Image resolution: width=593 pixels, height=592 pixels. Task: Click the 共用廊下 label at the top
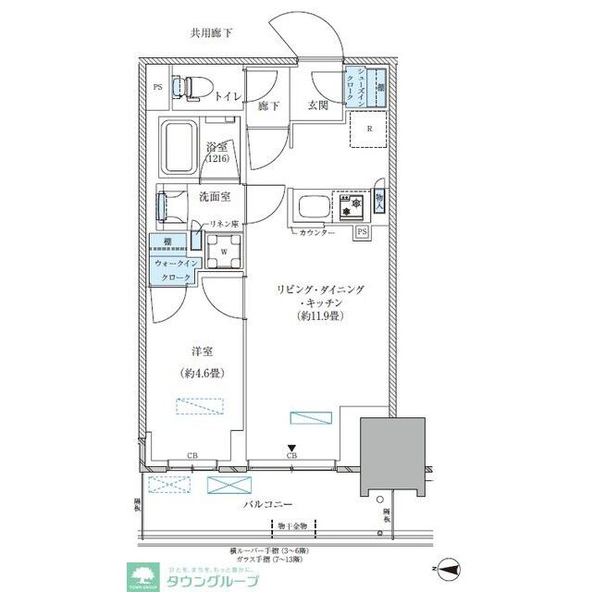211,34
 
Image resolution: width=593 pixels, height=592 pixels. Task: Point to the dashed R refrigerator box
369,129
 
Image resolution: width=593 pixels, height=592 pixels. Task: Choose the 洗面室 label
214,196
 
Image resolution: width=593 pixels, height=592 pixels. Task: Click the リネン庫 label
222,225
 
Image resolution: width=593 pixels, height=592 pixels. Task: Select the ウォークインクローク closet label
173,270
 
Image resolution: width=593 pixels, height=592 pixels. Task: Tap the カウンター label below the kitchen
316,232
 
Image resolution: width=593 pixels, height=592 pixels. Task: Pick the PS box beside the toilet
158,88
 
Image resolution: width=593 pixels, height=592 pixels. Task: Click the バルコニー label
268,506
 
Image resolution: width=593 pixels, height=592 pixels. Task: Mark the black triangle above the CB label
291,447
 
